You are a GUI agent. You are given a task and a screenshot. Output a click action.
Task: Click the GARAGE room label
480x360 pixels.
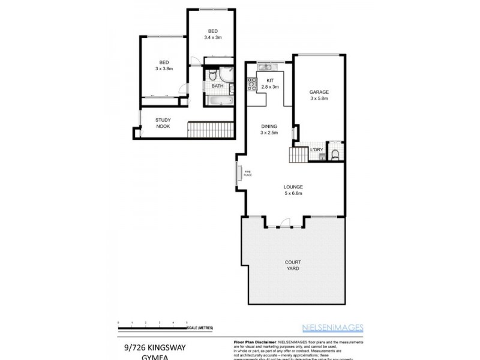coord(319,92)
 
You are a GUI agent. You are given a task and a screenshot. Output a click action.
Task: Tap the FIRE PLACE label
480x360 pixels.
coord(247,173)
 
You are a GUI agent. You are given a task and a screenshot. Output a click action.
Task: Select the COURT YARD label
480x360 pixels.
coord(293,265)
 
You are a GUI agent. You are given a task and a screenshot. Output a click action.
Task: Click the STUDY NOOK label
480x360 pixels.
coord(163,123)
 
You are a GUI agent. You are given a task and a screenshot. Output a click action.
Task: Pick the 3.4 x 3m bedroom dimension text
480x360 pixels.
coord(212,37)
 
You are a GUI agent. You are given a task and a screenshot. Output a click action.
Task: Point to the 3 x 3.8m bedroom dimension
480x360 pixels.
coord(163,68)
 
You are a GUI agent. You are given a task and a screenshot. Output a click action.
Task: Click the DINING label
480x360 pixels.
coord(269,126)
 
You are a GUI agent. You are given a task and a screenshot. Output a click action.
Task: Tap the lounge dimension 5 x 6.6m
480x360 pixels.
coord(293,193)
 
